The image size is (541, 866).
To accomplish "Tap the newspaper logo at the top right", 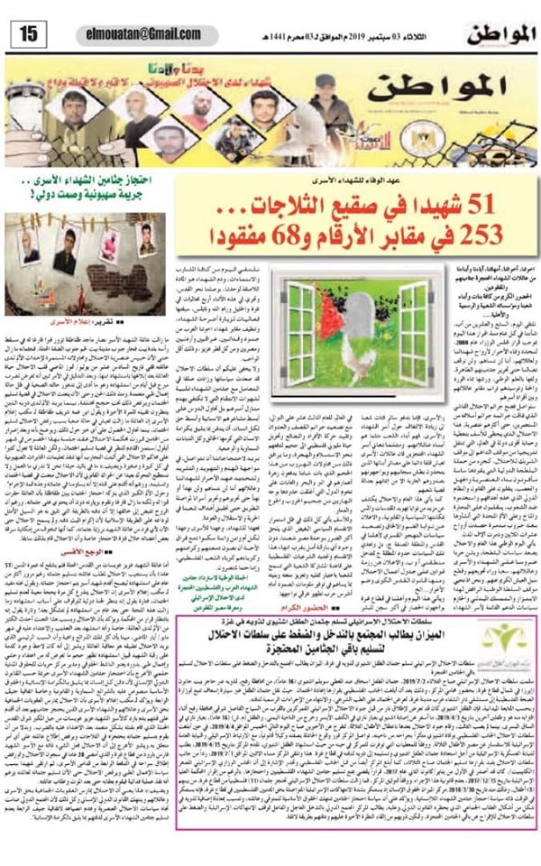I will (x=499, y=35).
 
